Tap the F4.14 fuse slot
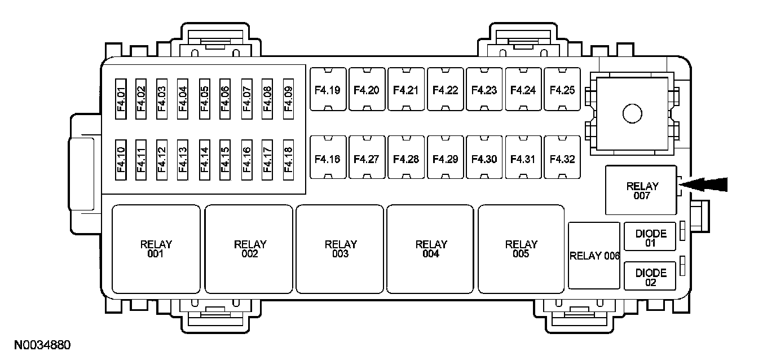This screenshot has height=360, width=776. coord(204,160)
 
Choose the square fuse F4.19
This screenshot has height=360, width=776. coord(327,90)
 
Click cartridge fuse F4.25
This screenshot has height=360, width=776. coord(562,90)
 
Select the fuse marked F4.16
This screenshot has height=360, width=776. coord(327,159)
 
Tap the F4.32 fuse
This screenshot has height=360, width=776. coord(562,159)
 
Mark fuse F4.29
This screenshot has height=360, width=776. coord(445,159)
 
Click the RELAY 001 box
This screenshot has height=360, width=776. coord(156,249)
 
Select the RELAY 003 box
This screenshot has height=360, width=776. coord(340,249)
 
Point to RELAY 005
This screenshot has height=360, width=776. coord(521,249)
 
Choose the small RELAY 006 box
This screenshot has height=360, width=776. coord(594,256)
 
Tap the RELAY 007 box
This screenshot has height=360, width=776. coord(641,190)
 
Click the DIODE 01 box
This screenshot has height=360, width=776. coord(650,237)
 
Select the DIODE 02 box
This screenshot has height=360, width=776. coord(650,276)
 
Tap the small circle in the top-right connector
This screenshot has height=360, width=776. coord(632,114)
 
